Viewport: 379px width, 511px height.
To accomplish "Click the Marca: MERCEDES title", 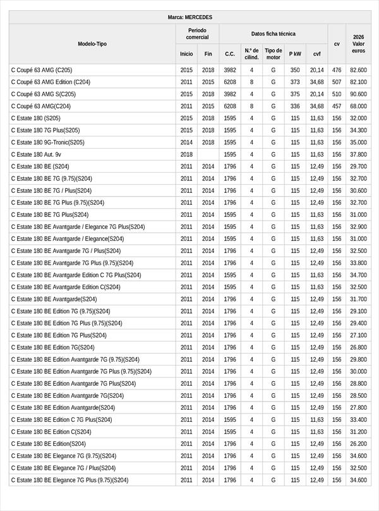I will coord(190,17).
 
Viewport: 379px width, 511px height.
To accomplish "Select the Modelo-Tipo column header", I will coord(92,44).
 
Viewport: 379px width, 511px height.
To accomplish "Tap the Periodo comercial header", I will coord(197,34).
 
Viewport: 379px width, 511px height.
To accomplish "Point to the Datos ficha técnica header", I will coord(273,34).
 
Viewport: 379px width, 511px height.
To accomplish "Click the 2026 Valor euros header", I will coord(358,44).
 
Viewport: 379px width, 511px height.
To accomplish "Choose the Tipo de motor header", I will coord(274,54).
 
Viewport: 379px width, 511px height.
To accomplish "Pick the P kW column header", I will coord(295,54).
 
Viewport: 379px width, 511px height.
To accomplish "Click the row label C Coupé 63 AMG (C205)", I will coord(42,70).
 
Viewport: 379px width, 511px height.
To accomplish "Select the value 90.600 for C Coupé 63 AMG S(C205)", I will coord(358,94).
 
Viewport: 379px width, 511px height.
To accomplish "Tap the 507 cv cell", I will coord(337,82).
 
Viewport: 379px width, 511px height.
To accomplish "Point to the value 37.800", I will coord(358,154).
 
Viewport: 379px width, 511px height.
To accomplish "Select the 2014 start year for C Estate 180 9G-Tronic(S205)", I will coord(186,142).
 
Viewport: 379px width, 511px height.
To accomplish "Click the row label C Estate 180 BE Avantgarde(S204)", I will coord(54,299).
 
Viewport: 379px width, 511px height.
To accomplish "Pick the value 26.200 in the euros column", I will coord(358,444).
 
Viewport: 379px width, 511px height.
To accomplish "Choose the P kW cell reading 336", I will coord(295,106).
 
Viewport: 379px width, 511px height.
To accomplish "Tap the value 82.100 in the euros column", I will coord(358,82).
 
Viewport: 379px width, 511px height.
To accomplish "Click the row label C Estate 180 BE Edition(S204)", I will coord(49,444).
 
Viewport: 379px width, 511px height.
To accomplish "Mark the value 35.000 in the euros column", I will coord(358,142).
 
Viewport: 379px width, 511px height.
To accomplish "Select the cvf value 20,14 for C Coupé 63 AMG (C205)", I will coord(316,70).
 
